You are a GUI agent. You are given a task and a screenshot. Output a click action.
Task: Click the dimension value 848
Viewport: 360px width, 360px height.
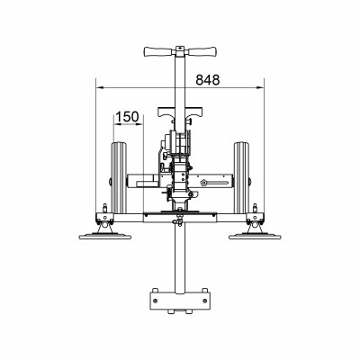207,78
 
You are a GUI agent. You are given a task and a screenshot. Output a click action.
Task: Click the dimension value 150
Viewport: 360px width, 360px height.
128,116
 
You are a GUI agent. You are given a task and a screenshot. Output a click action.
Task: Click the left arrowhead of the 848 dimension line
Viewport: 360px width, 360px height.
100,87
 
